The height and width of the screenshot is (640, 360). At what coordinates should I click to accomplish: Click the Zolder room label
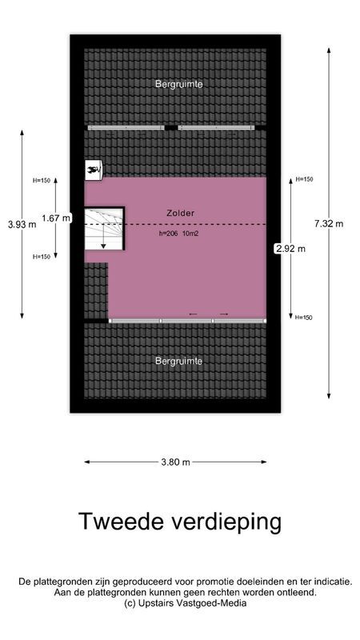tap(181, 213)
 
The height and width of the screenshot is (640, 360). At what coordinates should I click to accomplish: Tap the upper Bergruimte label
tap(179, 83)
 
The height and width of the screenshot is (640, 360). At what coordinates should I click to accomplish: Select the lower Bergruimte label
tap(179, 361)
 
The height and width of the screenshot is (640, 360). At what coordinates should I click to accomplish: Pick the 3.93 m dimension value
tap(22, 225)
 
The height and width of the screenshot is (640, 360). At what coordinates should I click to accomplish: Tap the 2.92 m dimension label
tap(290, 248)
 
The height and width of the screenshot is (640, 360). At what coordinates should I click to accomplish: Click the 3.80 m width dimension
tap(175, 462)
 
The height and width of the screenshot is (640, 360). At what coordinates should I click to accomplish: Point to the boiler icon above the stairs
tap(94, 169)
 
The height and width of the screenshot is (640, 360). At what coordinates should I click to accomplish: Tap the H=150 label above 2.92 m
tap(304, 179)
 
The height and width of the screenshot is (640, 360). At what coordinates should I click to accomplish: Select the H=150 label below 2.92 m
tap(304, 318)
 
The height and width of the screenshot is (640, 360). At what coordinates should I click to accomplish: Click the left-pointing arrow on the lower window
tap(193, 314)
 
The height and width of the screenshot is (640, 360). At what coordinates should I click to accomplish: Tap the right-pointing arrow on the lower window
tap(223, 314)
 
